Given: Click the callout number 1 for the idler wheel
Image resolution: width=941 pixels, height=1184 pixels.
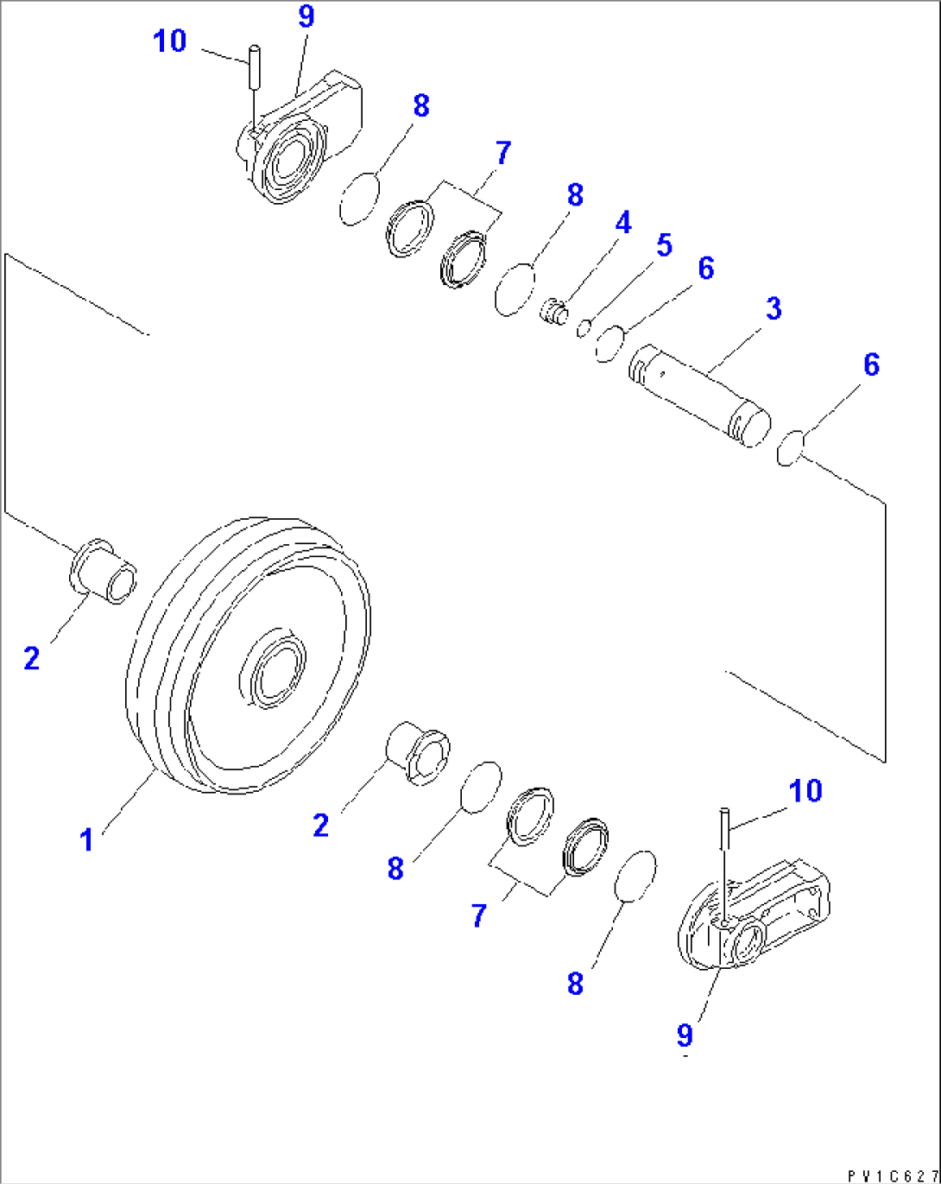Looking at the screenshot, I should (86, 839).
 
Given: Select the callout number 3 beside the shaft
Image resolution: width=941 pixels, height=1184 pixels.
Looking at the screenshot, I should (774, 308).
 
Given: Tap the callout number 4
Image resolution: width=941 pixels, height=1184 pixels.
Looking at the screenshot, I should (622, 223).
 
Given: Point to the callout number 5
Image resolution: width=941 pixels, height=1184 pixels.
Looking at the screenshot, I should (663, 245).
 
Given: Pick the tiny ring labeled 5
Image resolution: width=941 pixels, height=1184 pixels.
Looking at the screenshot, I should (584, 328).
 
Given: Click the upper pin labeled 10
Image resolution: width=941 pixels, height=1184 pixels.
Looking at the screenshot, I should (254, 67).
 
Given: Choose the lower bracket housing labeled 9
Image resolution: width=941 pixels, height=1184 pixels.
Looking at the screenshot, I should (751, 920).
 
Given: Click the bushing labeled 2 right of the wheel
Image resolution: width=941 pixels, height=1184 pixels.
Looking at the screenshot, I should (417, 753).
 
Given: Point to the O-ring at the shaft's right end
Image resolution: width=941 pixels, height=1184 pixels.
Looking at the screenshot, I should (790, 449).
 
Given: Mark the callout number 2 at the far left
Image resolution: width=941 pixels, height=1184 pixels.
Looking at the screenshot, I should (32, 659).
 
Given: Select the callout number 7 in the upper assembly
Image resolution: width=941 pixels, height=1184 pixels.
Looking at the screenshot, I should (502, 154).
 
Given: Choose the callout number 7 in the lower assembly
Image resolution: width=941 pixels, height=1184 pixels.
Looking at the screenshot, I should (480, 915).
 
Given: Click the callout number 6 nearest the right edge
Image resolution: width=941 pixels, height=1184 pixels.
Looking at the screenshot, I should (871, 364).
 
